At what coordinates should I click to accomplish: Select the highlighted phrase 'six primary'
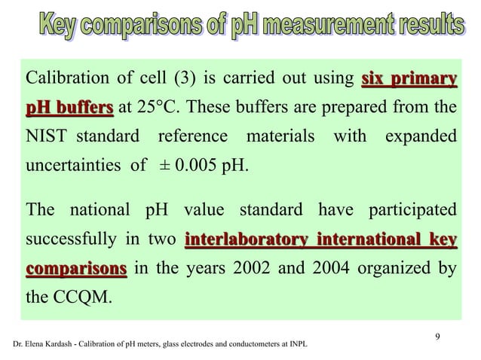(409, 78)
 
